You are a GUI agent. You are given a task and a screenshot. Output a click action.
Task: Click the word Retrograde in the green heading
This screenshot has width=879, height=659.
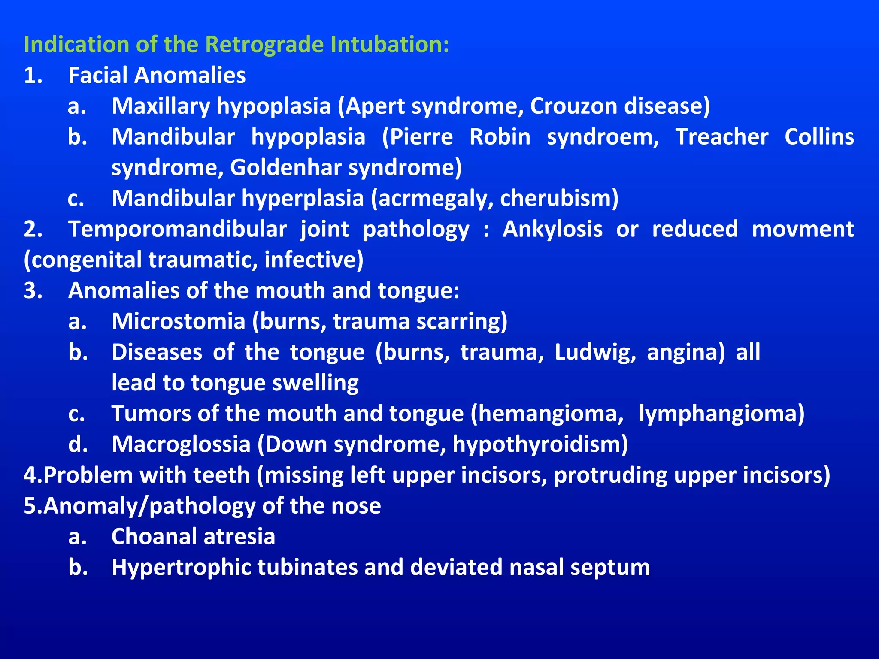[264, 45]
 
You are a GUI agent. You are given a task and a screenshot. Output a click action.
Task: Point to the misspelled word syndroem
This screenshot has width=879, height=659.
[603, 137]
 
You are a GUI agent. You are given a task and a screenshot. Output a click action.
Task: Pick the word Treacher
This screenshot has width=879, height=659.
[722, 137]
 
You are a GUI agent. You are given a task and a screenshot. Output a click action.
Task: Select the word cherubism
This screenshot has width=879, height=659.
[559, 199]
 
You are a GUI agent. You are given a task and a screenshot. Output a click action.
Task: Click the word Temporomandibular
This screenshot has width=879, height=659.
[177, 229]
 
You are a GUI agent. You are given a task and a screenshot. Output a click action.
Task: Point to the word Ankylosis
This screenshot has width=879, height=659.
[552, 229]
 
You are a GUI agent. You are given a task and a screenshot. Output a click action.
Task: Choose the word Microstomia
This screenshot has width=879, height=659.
[178, 321]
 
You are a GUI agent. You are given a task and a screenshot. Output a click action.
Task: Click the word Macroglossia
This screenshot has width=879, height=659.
[181, 444]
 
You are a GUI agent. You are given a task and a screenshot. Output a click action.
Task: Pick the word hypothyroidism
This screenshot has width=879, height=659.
[540, 444]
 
